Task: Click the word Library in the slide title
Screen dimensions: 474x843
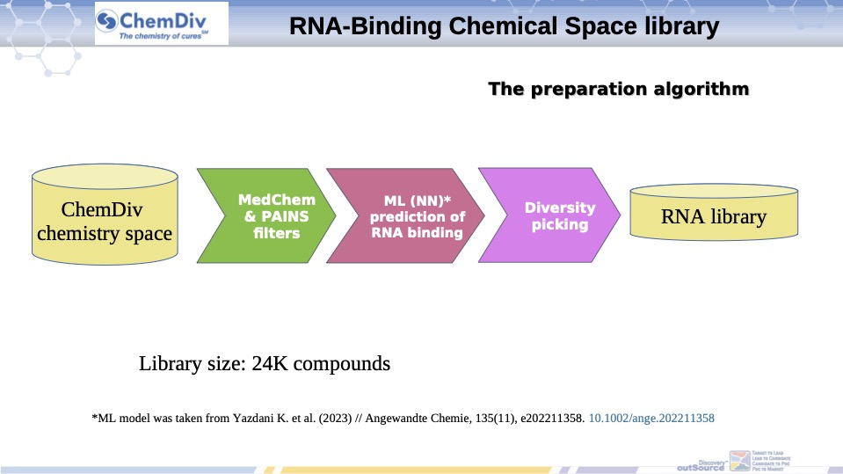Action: click(684, 26)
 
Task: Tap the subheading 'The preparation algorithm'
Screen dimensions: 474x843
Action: click(618, 89)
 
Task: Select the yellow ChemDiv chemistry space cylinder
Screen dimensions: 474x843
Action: click(104, 215)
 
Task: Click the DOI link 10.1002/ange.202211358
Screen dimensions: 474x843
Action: click(651, 419)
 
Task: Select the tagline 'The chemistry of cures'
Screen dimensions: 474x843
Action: click(160, 36)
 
